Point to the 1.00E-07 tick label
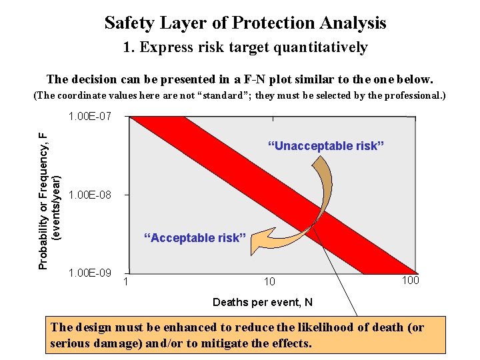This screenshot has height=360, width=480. click(x=89, y=117)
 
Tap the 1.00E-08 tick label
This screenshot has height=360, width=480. click(x=89, y=195)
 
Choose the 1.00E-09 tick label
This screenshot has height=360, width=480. click(x=89, y=273)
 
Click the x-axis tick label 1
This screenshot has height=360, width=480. click(x=127, y=281)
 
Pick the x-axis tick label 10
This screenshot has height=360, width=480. click(x=269, y=282)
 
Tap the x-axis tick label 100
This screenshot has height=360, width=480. click(x=410, y=280)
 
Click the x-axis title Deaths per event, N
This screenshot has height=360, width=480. click(x=262, y=303)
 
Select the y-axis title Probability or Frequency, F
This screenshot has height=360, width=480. click(x=43, y=200)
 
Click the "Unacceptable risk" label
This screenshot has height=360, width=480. click(x=325, y=146)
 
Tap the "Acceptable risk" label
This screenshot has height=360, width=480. click(x=195, y=238)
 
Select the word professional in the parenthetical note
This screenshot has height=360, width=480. click(x=407, y=95)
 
